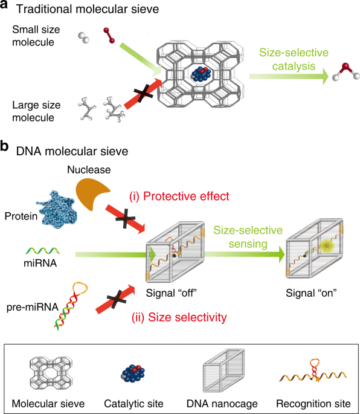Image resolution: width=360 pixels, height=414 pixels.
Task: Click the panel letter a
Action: click(6, 7)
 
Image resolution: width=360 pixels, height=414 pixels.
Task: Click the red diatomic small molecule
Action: click(109, 35)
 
